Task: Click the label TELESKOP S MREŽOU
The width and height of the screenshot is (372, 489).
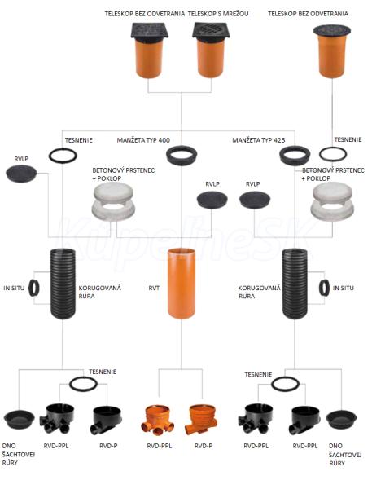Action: click(218, 14)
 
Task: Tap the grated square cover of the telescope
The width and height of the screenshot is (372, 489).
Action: click(212, 31)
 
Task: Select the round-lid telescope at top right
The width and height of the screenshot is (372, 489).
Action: click(332, 51)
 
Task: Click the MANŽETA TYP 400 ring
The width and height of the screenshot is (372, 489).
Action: click(182, 155)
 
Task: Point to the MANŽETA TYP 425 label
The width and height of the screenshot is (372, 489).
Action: click(259, 140)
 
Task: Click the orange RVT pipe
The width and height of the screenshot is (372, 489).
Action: click(182, 283)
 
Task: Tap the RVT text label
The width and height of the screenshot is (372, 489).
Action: click(154, 289)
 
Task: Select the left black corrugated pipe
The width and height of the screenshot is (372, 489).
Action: click(63, 284)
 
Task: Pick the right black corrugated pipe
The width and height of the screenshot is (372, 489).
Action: click(295, 284)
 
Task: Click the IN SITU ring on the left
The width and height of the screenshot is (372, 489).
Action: click(34, 288)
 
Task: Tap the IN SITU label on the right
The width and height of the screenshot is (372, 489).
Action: click(344, 289)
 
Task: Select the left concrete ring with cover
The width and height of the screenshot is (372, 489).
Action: click(112, 202)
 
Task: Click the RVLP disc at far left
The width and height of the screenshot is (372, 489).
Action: click(21, 174)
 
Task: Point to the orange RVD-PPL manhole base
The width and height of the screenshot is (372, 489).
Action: click(158, 420)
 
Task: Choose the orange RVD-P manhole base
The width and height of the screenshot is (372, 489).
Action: click(200, 419)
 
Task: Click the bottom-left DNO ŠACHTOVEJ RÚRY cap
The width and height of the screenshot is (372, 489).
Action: click(19, 420)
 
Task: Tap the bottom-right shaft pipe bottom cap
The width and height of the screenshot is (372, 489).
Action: click(341, 420)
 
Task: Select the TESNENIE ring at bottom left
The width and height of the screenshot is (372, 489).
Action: click(83, 384)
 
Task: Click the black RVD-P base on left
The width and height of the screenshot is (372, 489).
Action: click(107, 420)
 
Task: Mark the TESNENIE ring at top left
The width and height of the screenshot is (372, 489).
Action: click(63, 156)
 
